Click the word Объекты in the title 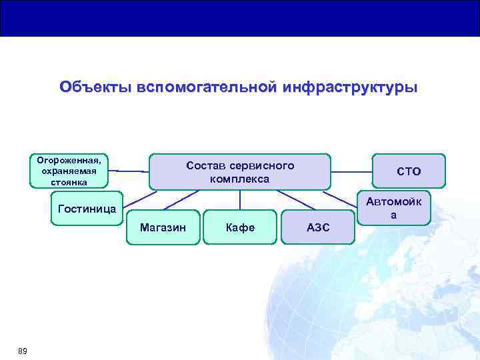click(x=95, y=87)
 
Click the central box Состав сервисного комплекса click(x=239, y=172)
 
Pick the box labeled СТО click(x=409, y=171)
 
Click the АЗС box click(x=318, y=227)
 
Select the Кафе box click(x=240, y=227)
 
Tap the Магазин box click(x=162, y=227)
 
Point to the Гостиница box click(x=87, y=209)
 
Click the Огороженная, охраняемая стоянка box click(x=69, y=171)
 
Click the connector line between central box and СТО click(x=351, y=171)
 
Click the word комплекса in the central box click(x=239, y=179)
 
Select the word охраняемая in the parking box click(x=69, y=171)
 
